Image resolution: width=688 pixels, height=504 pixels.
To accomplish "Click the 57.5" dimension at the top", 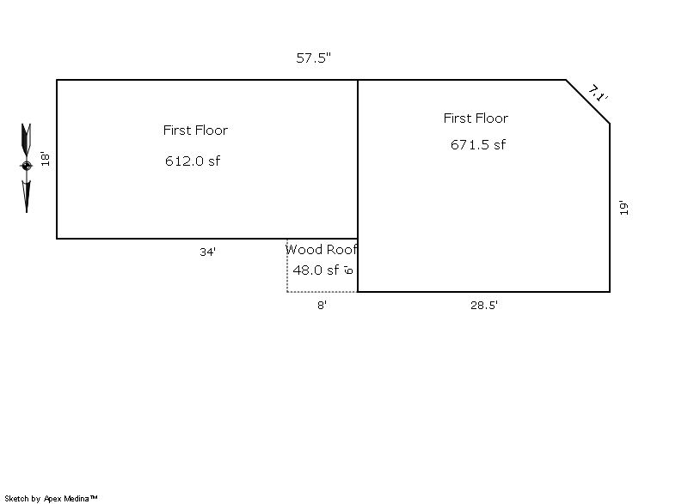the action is click(313, 58).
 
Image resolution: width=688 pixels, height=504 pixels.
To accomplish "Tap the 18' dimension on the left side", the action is click(46, 159).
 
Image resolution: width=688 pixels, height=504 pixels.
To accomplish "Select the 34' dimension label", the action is click(207, 252).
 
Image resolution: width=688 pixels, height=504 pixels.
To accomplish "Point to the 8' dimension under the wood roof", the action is click(322, 305).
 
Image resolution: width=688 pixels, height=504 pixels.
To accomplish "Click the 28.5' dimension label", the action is click(484, 305).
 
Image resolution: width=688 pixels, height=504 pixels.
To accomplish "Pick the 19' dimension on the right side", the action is click(624, 208).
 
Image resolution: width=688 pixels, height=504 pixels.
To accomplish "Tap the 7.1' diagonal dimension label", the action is click(598, 94).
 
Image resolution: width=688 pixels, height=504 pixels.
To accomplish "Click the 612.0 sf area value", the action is click(193, 161).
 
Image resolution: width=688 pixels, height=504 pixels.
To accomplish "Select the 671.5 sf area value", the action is click(478, 144).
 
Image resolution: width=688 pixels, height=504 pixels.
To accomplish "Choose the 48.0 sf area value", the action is click(316, 270).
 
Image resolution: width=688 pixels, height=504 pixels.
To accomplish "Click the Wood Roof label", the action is click(321, 249).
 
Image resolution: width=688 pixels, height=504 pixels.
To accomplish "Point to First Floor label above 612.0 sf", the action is click(195, 130).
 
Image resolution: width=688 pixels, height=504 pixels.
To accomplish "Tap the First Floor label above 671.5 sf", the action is click(476, 118).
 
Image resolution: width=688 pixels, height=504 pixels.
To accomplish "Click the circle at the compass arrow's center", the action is click(27, 166).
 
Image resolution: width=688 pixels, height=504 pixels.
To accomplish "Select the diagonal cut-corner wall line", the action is click(588, 101).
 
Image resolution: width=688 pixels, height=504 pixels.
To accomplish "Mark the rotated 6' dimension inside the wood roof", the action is click(348, 270).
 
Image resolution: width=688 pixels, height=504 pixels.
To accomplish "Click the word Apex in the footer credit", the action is click(52, 499).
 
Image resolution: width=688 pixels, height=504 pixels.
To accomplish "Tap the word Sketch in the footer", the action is click(16, 498).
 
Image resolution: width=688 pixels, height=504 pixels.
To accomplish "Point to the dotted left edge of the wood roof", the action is click(287, 265).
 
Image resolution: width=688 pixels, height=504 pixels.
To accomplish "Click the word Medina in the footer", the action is click(77, 498).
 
